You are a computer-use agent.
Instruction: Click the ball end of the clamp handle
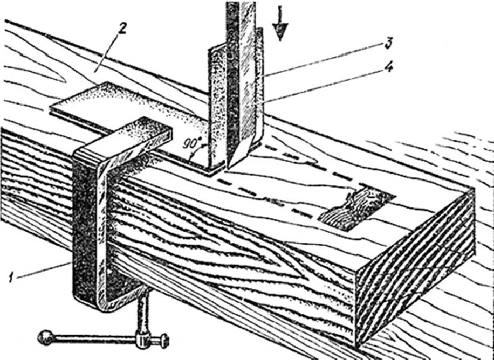coord(43,338)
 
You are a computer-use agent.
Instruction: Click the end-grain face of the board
coord(415,269)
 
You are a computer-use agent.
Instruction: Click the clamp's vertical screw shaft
coord(144,318)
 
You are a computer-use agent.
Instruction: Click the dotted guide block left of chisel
coord(218,108)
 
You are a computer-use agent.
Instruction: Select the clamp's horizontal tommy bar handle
coord(97,340)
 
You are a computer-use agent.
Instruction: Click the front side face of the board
coord(232,253)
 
